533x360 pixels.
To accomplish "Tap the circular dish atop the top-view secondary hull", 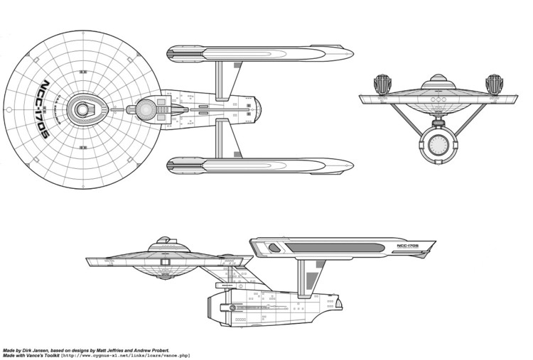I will pos(146,109).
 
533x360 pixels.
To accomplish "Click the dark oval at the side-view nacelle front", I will pos(274,248).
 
